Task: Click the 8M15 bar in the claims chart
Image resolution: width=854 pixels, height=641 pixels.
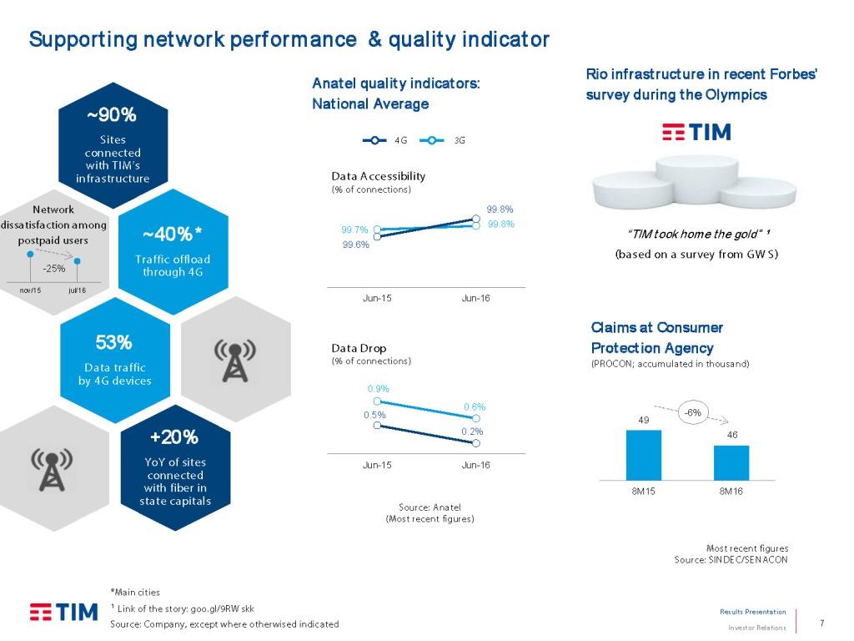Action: [643, 455]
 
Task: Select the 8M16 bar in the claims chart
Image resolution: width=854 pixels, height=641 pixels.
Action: [731, 462]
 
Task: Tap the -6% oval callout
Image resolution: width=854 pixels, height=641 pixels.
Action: [693, 412]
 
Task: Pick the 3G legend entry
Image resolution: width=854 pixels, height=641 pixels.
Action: [442, 140]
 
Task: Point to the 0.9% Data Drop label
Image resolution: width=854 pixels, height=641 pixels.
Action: [378, 389]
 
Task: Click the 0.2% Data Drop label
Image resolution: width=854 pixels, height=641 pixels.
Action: [473, 431]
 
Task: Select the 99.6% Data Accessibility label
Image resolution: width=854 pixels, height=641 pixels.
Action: [355, 245]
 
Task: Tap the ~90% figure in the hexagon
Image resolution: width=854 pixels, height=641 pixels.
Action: [112, 114]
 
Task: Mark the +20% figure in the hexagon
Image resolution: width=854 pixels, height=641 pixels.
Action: [174, 437]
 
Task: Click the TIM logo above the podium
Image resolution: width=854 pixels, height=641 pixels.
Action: [696, 132]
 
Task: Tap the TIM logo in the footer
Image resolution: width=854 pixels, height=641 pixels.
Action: [63, 612]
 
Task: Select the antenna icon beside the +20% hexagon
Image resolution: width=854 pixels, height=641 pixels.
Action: [53, 469]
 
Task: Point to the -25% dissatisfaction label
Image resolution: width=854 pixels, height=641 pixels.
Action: [54, 268]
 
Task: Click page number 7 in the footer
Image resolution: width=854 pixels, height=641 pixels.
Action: [822, 623]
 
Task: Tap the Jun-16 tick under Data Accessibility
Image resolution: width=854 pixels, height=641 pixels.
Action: [475, 299]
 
